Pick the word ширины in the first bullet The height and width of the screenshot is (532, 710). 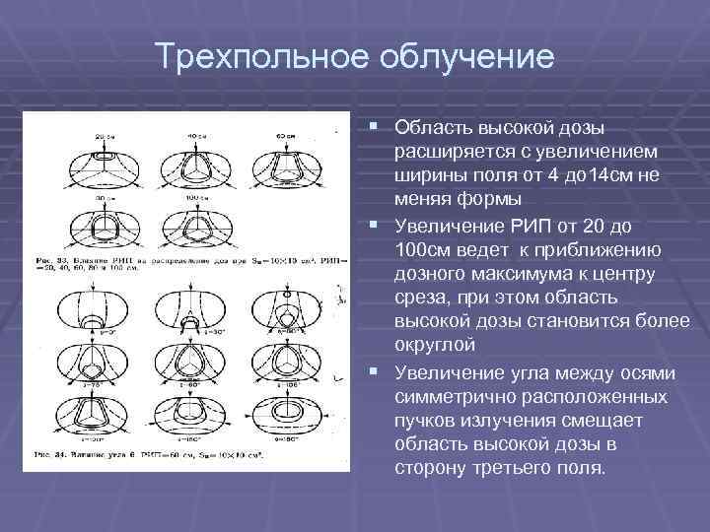(x=425, y=176)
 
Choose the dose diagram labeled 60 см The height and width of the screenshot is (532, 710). (x=286, y=158)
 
